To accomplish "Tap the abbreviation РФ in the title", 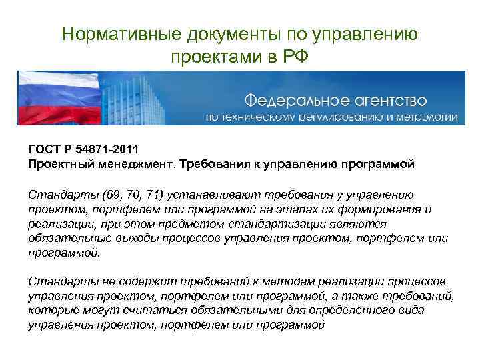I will (295, 55).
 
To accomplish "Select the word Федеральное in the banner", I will (293, 100).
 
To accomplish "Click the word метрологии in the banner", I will (427, 117).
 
